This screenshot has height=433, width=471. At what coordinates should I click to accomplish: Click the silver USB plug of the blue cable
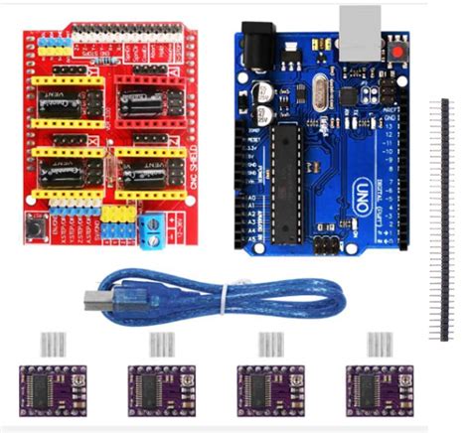[93, 299]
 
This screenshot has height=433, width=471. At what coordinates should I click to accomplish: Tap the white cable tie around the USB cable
[227, 296]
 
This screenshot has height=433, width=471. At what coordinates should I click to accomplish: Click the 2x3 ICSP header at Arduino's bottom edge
[325, 244]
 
